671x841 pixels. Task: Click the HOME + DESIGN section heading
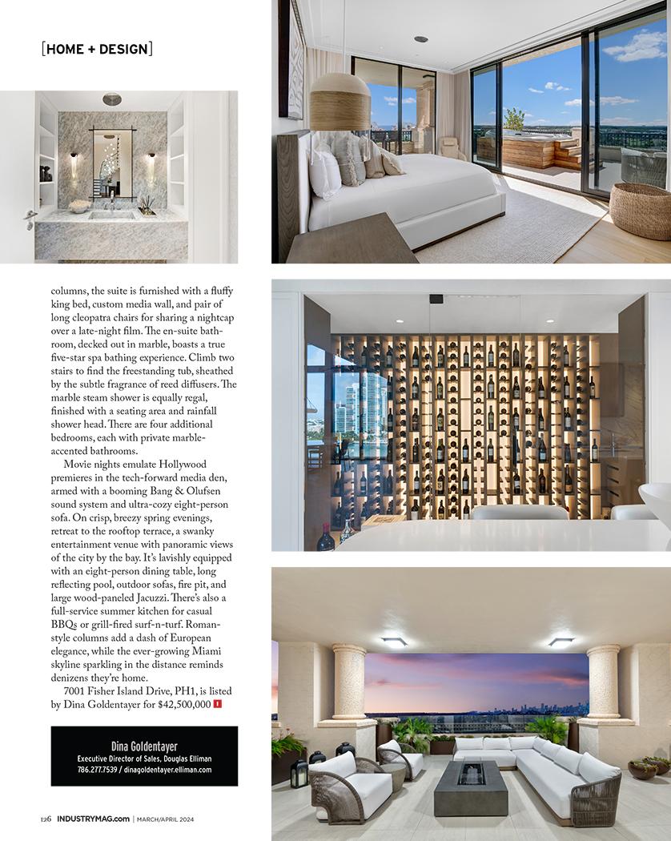pos(96,49)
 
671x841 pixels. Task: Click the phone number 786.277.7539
pos(96,770)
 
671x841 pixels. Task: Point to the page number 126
pos(46,819)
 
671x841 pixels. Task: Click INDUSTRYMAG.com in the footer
pos(92,819)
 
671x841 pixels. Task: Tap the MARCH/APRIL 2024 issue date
pos(165,819)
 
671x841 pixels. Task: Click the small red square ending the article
pos(218,704)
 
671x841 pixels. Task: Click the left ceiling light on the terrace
pos(394,641)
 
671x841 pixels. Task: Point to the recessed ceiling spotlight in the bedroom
pos(421,39)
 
